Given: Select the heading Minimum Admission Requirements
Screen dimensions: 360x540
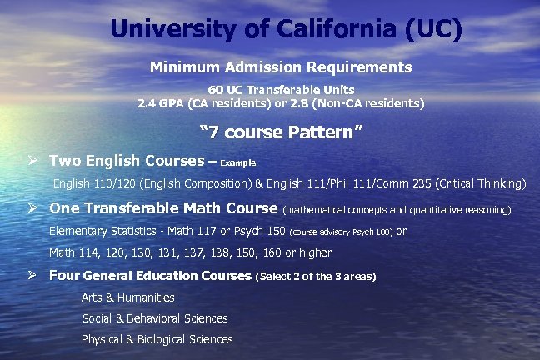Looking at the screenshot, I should [281, 66].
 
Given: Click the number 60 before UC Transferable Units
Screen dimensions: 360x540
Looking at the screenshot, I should [216, 90].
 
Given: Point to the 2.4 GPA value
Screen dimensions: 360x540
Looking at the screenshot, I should [150, 104].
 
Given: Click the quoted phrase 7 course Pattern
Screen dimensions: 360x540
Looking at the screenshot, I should [282, 132].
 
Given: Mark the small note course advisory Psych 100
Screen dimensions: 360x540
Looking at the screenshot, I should [342, 232].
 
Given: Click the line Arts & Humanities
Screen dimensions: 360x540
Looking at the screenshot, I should [127, 297].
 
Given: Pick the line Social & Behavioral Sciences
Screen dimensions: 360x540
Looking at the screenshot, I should [155, 318].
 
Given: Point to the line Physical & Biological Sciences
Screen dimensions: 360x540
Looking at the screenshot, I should [157, 339].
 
